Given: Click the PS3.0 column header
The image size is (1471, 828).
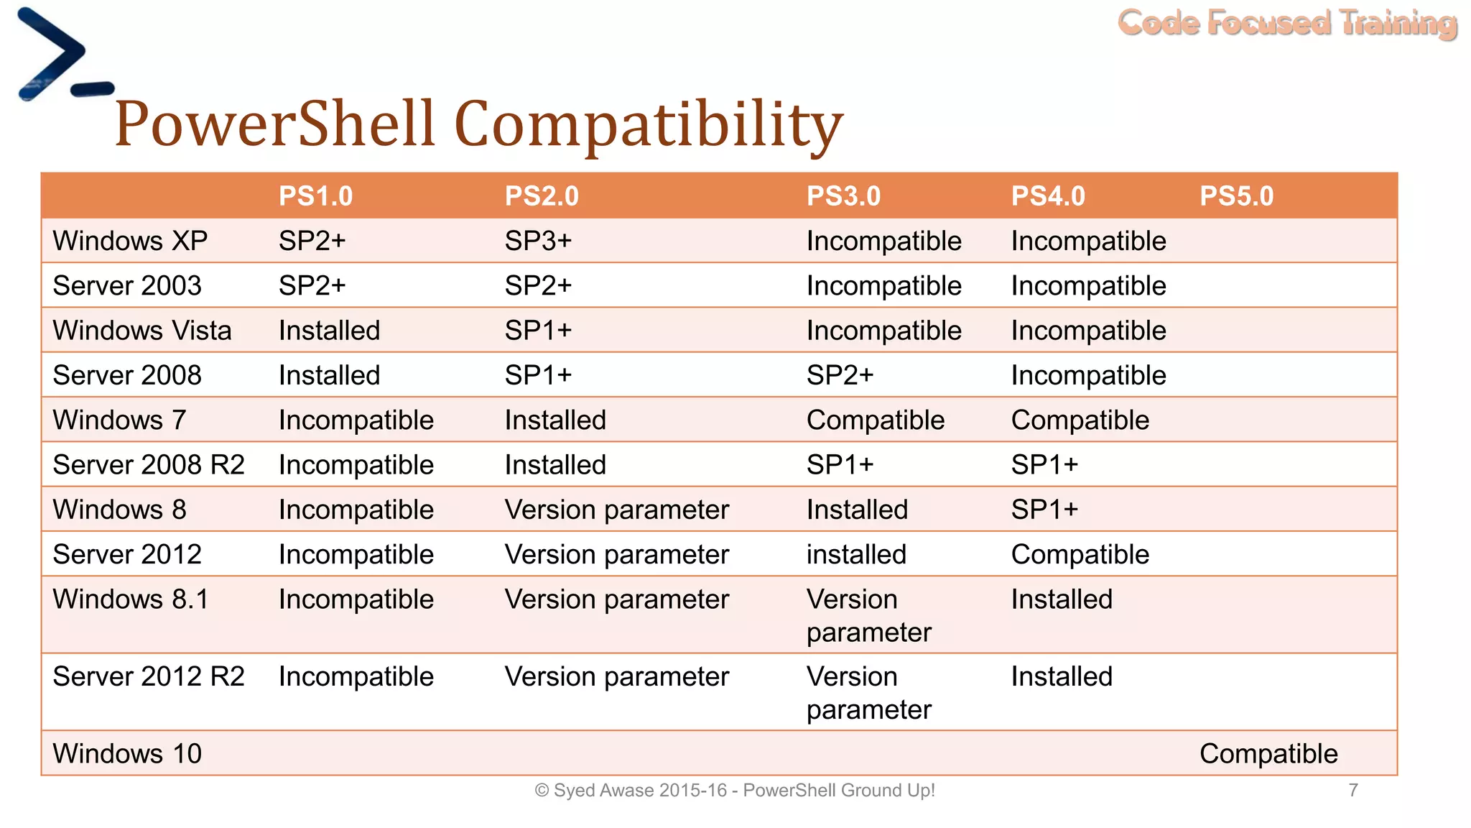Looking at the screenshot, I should pyautogui.click(x=843, y=196).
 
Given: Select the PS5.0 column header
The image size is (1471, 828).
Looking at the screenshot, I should pyautogui.click(x=1236, y=196).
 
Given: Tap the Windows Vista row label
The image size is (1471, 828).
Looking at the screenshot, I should pyautogui.click(x=142, y=331).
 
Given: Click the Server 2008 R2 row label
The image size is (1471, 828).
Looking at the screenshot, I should pyautogui.click(x=149, y=465).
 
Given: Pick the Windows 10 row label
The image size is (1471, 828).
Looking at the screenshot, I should pyautogui.click(x=127, y=754).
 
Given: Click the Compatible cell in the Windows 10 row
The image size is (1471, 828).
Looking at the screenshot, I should pyautogui.click(x=1268, y=754).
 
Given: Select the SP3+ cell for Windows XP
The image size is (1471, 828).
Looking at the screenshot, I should pyautogui.click(x=538, y=241).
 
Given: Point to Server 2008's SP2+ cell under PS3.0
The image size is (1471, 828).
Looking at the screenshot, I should pyautogui.click(x=840, y=375).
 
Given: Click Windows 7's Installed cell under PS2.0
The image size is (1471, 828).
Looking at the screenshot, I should pyautogui.click(x=555, y=420).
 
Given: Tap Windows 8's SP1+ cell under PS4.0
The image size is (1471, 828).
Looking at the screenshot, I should pyautogui.click(x=1044, y=510).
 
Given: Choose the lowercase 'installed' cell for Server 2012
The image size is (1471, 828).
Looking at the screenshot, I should pyautogui.click(x=856, y=555).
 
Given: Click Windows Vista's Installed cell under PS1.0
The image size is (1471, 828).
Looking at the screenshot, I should pyautogui.click(x=329, y=331).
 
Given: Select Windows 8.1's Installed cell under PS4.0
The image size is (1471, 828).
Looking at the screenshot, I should pyautogui.click(x=1062, y=599).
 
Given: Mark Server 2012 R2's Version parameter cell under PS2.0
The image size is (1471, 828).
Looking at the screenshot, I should pyautogui.click(x=616, y=677).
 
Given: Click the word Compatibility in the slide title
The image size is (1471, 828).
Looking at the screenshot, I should pyautogui.click(x=649, y=124).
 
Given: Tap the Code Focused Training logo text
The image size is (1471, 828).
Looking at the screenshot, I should pyautogui.click(x=1287, y=23).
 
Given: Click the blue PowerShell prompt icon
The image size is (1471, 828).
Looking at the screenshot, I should pyautogui.click(x=61, y=55).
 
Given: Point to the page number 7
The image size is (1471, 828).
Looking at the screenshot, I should pyautogui.click(x=1353, y=791).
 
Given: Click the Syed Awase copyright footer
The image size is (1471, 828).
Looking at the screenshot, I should pyautogui.click(x=734, y=791).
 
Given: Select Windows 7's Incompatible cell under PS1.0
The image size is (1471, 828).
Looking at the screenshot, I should pyautogui.click(x=356, y=420).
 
